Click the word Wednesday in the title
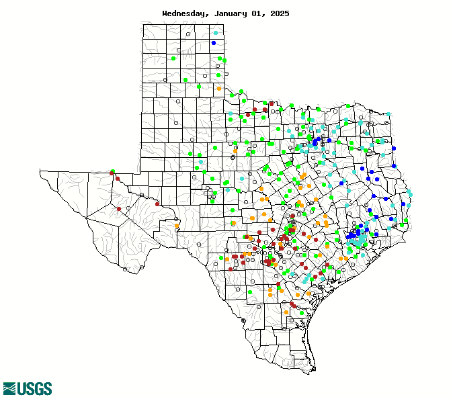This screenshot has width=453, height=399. pos(185,13)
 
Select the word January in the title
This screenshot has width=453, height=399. pos(228,13)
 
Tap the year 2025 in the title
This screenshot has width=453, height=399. pos(278,13)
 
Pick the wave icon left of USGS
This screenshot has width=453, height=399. pos(9,388)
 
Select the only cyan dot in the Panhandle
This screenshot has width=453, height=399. pos(216,33)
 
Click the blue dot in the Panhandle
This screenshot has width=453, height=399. pos(214,43)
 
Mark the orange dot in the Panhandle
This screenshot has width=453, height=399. pos(219,89)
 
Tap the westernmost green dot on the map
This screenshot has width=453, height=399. pos(113,171)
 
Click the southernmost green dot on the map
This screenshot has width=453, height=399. pos(302,312)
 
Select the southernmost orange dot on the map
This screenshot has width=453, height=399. pos(286,312)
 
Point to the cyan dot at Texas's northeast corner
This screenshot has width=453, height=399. pos(388,115)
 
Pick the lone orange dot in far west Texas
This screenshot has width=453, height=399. pos(177,225)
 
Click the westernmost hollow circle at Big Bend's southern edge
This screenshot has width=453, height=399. pos(126,269)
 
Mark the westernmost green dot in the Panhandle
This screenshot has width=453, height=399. pos(173,58)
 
